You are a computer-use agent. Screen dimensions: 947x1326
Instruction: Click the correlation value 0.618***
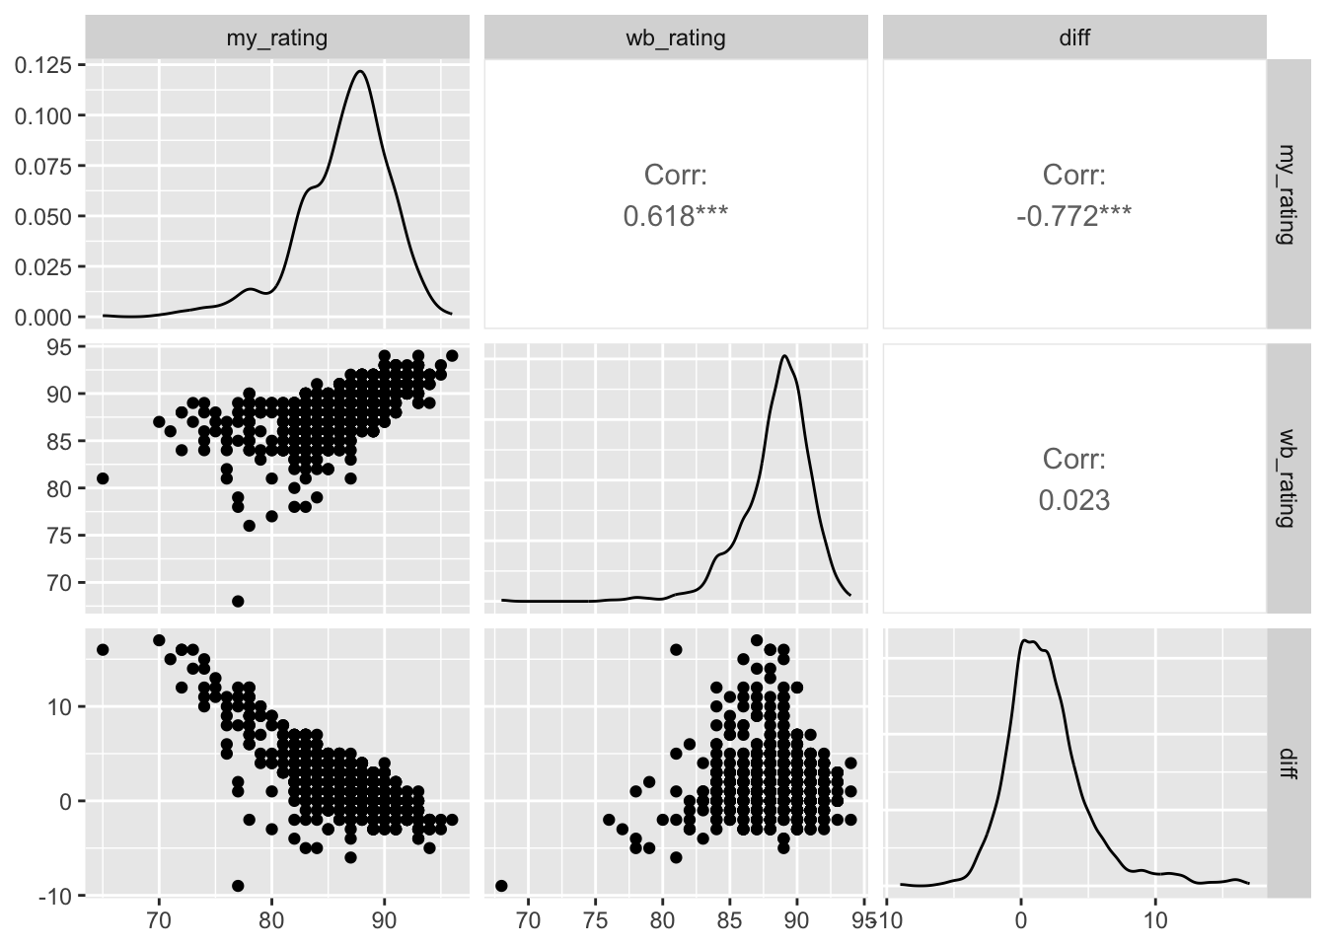click(676, 216)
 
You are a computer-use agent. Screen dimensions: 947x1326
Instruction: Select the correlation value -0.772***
click(1074, 216)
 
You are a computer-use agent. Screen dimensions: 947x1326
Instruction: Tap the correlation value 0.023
click(1074, 500)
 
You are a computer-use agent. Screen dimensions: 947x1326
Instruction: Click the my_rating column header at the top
click(277, 38)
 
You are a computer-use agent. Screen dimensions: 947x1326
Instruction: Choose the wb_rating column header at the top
click(676, 38)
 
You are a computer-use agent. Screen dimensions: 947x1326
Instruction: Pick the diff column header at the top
click(1074, 38)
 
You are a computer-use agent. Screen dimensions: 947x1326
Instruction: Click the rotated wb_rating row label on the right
click(1285, 477)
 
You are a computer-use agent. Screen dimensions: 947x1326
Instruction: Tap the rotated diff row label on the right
click(1285, 763)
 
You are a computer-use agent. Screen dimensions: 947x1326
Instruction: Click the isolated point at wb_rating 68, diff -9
click(501, 886)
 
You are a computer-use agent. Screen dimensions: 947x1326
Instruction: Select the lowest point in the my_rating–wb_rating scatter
click(238, 601)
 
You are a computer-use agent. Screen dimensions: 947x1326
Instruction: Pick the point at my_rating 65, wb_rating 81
click(103, 478)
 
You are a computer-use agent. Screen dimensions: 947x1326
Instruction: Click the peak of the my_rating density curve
click(360, 71)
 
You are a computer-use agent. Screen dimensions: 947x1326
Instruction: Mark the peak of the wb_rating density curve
click(783, 356)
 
